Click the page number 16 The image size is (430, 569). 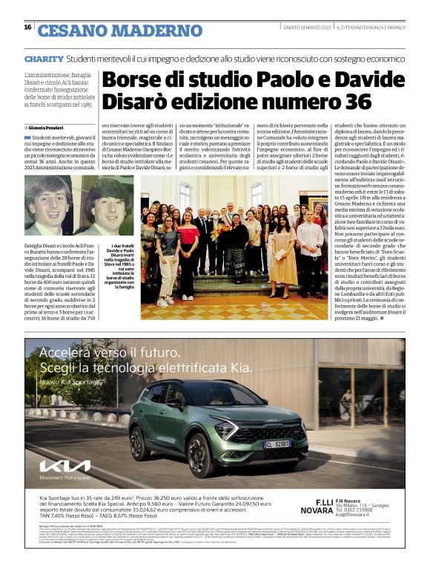tap(27, 27)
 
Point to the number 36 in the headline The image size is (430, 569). tap(355, 101)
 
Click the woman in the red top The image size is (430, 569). tap(188, 241)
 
